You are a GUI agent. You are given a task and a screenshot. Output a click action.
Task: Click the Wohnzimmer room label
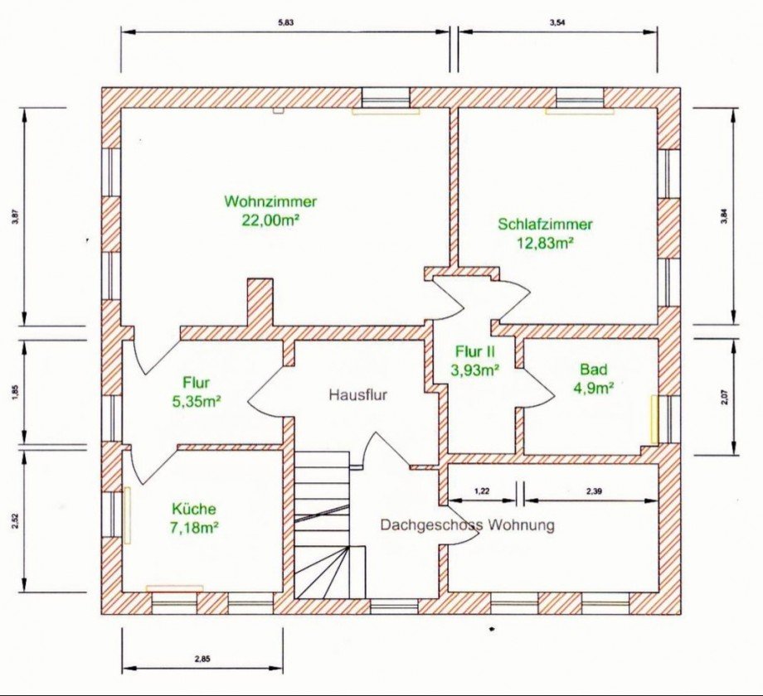270,201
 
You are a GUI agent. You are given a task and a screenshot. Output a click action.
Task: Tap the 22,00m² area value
270,220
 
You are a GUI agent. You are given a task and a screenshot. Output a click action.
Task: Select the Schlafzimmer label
545,224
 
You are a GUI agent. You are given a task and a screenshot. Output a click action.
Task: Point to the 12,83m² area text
545,243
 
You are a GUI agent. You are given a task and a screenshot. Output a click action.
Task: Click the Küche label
193,509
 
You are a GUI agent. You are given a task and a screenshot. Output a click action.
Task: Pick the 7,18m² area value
193,527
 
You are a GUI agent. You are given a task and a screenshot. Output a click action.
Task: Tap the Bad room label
594,370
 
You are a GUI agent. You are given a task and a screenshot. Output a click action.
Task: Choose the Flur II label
475,351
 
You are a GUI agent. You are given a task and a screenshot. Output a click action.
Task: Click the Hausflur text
358,394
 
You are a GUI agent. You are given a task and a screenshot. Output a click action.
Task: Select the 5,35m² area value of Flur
196,402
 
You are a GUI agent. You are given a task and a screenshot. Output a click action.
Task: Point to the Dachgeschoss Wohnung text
467,525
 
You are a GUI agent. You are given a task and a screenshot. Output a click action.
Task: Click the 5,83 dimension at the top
286,22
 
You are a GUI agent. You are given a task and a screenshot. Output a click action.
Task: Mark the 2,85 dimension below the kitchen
202,660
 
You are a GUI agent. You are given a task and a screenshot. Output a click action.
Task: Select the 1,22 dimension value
482,491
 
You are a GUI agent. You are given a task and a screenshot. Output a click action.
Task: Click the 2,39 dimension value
594,491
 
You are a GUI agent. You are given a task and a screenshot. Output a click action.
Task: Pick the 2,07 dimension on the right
725,397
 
